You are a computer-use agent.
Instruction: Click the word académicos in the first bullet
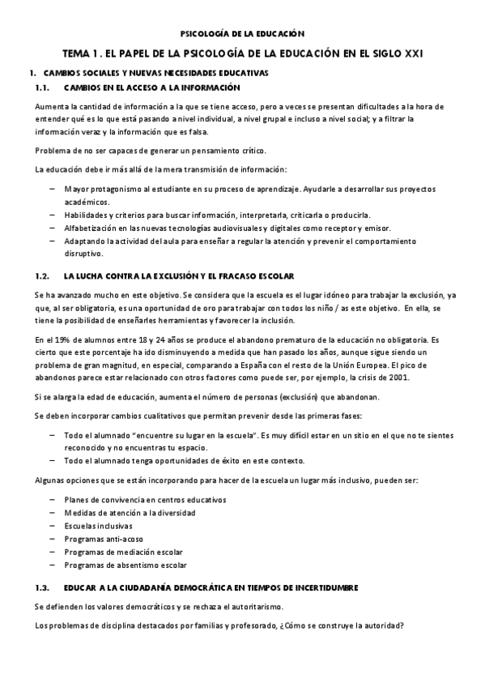click(x=86, y=202)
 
